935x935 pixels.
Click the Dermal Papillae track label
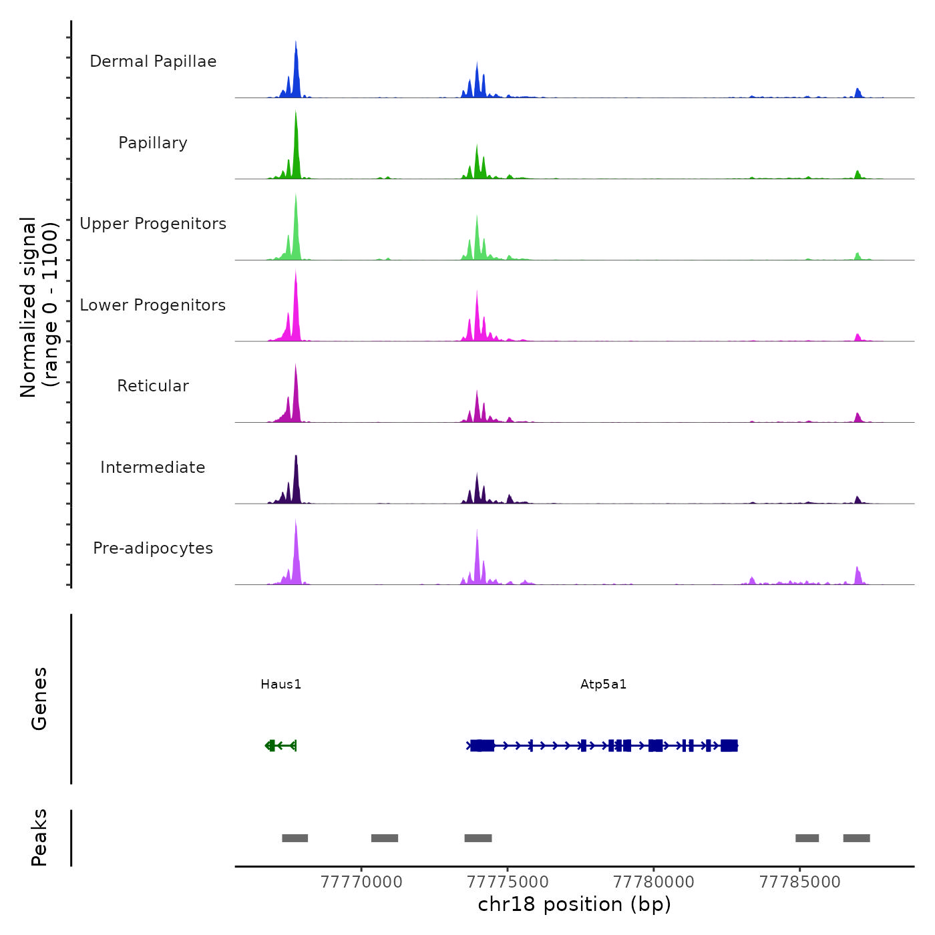153,61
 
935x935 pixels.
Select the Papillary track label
153,143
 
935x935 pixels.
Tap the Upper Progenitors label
153,224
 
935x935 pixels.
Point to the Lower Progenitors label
153,305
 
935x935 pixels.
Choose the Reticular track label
153,386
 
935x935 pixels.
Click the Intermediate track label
153,467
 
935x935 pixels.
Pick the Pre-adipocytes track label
153,548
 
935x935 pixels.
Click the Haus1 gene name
281,684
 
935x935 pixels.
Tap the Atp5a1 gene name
604,684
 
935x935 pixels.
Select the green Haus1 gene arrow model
280,745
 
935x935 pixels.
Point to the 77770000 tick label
361,882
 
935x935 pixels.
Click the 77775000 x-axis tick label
508,882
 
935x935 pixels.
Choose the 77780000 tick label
654,882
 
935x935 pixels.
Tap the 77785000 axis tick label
799,882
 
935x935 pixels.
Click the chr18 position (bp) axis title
574,904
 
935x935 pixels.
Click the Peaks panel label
39,837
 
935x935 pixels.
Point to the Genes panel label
39,699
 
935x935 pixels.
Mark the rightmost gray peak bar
856,838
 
